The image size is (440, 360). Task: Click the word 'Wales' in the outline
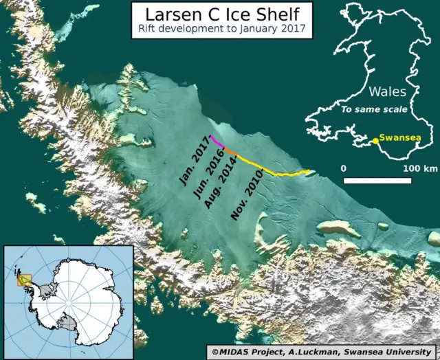(x=387, y=92)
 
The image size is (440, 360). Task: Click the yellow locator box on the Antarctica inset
(x=24, y=280)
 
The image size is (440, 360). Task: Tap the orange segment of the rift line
(x=232, y=153)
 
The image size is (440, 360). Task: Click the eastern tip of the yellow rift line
(x=310, y=171)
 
